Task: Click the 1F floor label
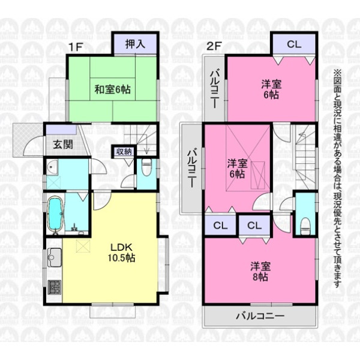[x=76, y=47]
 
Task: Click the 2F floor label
[x=214, y=47]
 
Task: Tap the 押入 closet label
[x=136, y=44]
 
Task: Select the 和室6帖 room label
[x=113, y=89]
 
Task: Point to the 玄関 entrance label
[x=63, y=145]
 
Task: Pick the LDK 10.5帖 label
[x=121, y=253]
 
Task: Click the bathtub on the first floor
[x=55, y=213]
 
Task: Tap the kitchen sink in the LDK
[x=55, y=257]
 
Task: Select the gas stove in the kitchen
[x=55, y=287]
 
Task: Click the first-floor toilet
[x=146, y=165]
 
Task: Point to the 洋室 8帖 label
[x=260, y=271]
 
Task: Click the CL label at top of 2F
[x=294, y=44]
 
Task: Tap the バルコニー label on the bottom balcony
[x=260, y=316]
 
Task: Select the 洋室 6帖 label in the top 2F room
[x=271, y=89]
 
